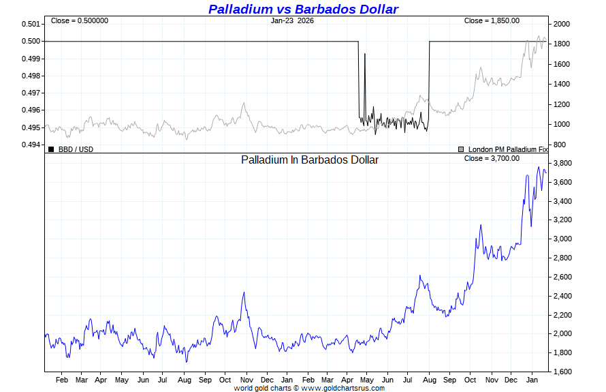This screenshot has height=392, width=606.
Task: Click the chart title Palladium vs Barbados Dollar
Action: pos(303,9)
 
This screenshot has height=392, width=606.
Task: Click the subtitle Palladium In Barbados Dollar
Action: pos(310,160)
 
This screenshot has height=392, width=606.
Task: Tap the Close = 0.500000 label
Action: pos(80,21)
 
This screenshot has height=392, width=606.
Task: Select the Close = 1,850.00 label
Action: pos(492,21)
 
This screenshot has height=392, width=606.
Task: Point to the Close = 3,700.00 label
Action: pos(492,158)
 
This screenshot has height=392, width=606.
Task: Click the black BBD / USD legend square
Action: pos(51,149)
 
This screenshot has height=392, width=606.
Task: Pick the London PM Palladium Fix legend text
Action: pos(507,149)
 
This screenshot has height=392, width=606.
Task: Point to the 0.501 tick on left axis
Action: pos(31,24)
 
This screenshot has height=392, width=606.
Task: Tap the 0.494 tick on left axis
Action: pos(31,145)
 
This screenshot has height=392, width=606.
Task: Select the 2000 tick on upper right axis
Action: pos(562,24)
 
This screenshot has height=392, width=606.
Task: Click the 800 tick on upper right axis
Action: pos(559,145)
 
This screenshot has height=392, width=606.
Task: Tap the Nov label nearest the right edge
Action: pos(491,379)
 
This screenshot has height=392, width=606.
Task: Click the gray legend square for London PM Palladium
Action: pos(461,149)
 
